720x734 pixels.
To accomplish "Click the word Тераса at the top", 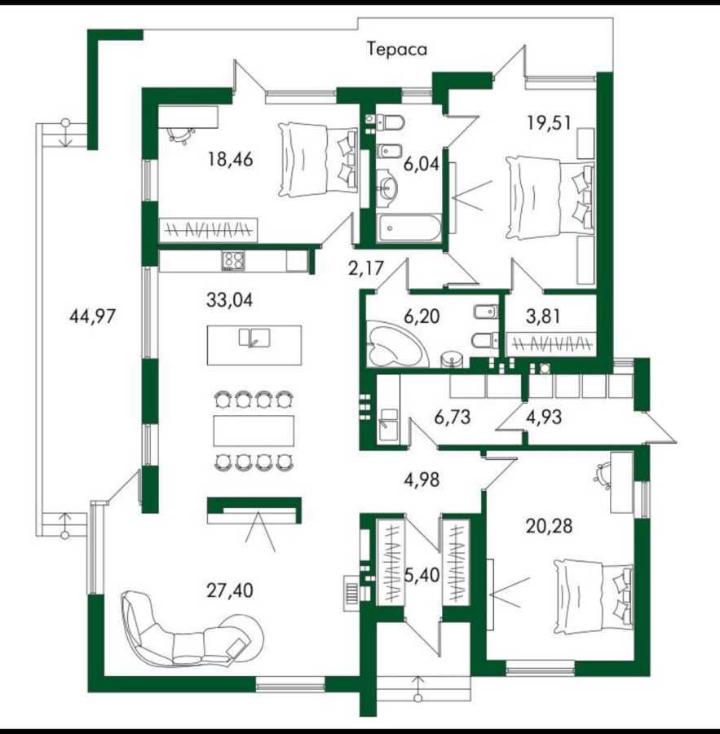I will point(397,50).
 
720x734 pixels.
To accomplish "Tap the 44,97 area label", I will point(89,316).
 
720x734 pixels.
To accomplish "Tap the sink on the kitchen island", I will point(254,337).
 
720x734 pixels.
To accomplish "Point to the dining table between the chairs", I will point(253,431).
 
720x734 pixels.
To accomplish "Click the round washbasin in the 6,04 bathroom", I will point(387,190).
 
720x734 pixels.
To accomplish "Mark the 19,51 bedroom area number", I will point(548,123).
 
